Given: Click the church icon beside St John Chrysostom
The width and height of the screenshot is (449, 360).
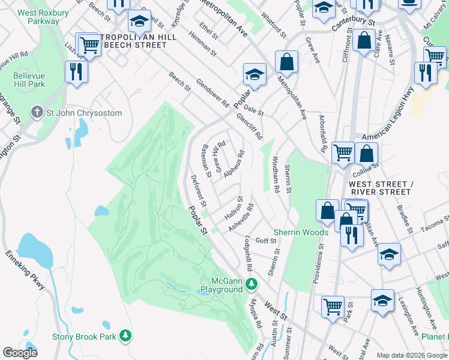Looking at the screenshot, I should pyautogui.click(x=37, y=113).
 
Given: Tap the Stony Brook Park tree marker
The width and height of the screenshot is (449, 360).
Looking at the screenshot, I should pyautogui.click(x=125, y=335).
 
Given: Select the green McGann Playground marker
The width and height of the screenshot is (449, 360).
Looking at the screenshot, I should pyautogui.click(x=253, y=283).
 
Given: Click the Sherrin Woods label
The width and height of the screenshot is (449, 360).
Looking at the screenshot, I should pyautogui.click(x=301, y=232).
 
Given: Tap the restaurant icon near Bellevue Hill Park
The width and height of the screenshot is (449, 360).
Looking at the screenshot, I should pyautogui.click(x=76, y=73).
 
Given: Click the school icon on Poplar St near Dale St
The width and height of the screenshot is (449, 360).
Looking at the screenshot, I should pyautogui.click(x=254, y=75).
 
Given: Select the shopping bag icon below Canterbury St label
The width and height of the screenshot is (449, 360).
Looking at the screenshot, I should pyautogui.click(x=364, y=41).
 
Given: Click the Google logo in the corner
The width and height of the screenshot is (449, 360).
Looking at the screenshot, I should pyautogui.click(x=20, y=353).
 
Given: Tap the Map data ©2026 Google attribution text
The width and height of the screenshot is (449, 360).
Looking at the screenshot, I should pyautogui.click(x=411, y=355).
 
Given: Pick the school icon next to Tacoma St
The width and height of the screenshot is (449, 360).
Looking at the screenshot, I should pyautogui.click(x=389, y=254).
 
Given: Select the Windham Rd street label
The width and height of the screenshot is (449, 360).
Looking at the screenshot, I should pyautogui.click(x=276, y=175).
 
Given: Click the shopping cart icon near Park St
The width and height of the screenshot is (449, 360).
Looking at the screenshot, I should pyautogui.click(x=333, y=307).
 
